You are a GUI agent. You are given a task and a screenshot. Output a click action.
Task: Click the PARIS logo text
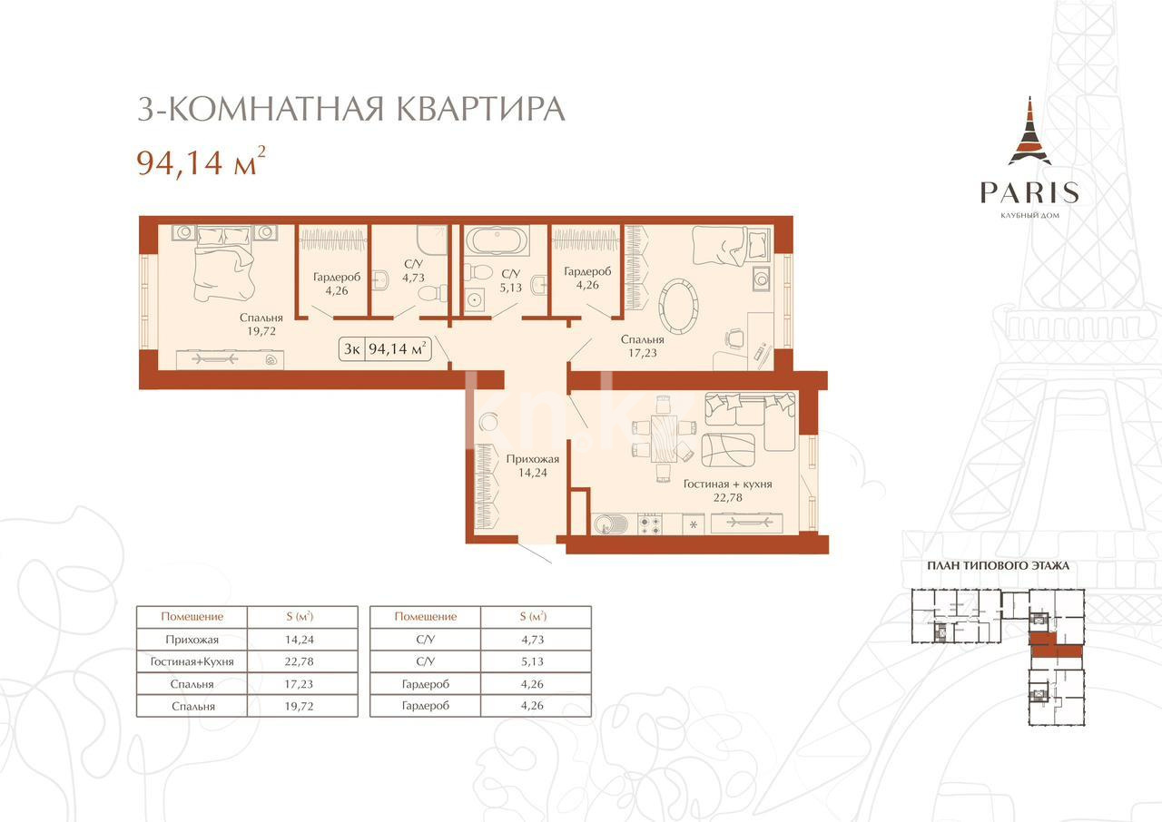[x=1029, y=192]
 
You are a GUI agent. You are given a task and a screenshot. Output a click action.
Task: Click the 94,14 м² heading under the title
[x=201, y=162]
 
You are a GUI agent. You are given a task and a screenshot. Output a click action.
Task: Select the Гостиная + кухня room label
[x=727, y=491]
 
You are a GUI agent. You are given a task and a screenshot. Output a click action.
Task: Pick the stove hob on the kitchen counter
[x=650, y=524]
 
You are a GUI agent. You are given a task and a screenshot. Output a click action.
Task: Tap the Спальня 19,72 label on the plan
[x=261, y=325]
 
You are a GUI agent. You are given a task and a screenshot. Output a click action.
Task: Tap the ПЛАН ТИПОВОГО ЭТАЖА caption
[x=998, y=565]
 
